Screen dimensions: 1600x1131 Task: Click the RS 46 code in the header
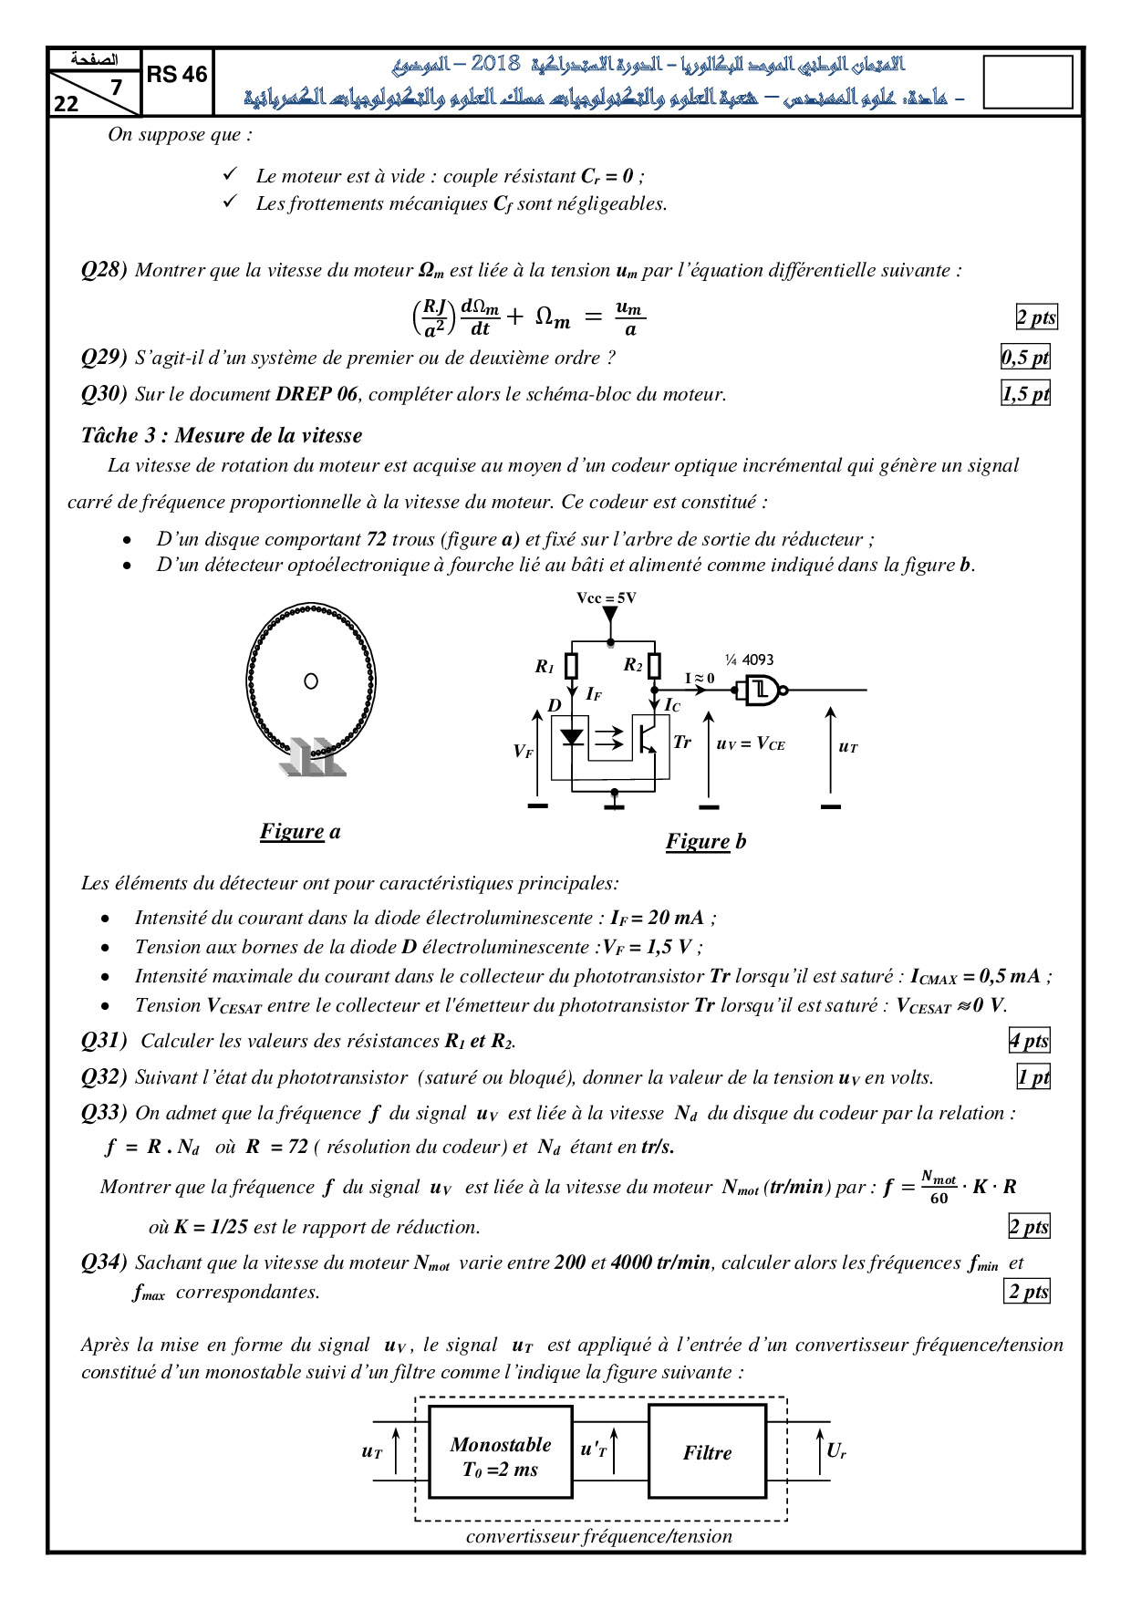coord(177,75)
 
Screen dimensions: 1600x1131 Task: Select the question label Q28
coord(104,270)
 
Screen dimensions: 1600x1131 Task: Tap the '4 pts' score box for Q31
coord(1029,1041)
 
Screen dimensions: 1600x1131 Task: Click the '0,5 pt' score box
coord(1025,358)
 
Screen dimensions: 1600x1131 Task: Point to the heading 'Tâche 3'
coord(221,435)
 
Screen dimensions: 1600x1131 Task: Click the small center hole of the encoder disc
coord(311,681)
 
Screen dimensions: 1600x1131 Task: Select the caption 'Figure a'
coord(300,831)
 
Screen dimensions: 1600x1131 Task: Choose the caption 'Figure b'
coord(705,841)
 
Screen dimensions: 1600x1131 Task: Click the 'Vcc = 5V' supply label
coord(607,597)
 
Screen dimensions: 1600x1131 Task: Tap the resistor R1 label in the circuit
coord(545,667)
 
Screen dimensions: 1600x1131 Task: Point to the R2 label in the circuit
coord(633,665)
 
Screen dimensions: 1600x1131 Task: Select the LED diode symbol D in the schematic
coord(572,737)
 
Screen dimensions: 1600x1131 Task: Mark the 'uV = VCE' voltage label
coord(751,744)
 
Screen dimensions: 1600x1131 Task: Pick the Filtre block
coord(707,1452)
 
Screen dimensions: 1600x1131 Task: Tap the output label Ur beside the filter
coord(836,1450)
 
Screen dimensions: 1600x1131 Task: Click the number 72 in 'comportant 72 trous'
coord(377,539)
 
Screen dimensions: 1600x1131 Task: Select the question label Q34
coord(104,1262)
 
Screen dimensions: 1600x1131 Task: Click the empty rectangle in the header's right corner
coord(1028,82)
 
